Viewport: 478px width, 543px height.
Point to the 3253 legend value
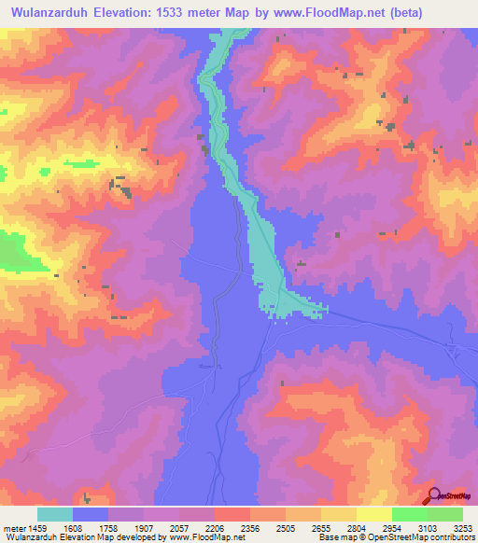(462, 527)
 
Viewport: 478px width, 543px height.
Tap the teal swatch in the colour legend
(55, 514)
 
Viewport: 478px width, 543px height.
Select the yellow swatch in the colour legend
(373, 514)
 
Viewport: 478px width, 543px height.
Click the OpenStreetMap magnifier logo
(434, 494)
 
